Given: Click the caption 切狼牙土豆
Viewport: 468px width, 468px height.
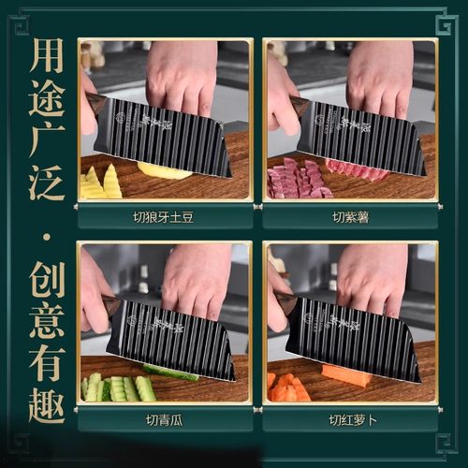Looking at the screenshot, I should tap(164, 220).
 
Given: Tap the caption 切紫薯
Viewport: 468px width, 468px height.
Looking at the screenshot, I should tap(350, 220).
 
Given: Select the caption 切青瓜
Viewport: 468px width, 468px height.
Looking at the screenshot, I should tap(164, 420).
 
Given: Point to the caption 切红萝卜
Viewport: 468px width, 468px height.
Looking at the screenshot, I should tap(350, 420).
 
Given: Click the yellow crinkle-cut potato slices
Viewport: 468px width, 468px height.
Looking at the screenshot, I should tap(101, 182).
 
